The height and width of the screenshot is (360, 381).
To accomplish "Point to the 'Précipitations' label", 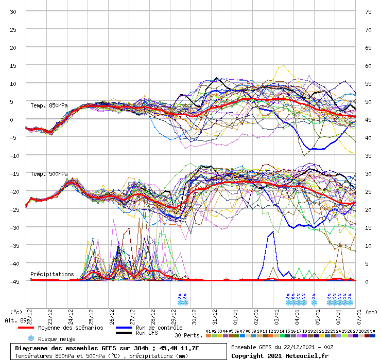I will click(52, 274).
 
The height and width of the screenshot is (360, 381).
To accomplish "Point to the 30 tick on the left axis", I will click(14, 12).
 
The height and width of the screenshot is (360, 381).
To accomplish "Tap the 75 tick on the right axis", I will click(368, 12).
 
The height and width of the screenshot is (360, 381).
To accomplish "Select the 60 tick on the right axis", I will click(368, 66).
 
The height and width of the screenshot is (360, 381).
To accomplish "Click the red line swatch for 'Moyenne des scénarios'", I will click(26, 328).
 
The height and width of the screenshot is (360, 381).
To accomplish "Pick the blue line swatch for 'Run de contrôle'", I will click(124, 328).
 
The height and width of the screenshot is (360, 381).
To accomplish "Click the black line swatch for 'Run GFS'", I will click(124, 333).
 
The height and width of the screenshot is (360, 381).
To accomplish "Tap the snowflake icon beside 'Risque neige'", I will click(30, 338).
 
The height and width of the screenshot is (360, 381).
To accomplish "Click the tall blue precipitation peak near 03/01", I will click(271, 232).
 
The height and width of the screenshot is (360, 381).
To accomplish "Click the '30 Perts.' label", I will click(188, 335).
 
